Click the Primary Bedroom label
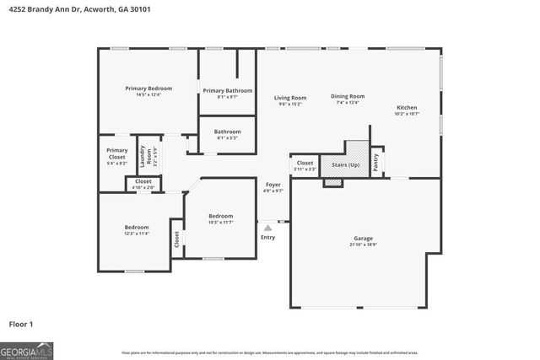(148, 89)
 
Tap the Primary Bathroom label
(227, 90)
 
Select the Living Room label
(289, 98)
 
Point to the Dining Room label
(347, 96)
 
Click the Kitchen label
(407, 107)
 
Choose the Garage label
(364, 239)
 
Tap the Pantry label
(375, 159)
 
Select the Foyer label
(273, 184)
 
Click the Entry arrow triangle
(267, 227)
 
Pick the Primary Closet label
(116, 153)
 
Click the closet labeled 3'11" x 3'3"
(305, 166)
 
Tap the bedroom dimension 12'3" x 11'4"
(137, 234)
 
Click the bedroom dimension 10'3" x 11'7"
(220, 222)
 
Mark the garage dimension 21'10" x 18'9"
(364, 245)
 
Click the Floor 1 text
(20, 324)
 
